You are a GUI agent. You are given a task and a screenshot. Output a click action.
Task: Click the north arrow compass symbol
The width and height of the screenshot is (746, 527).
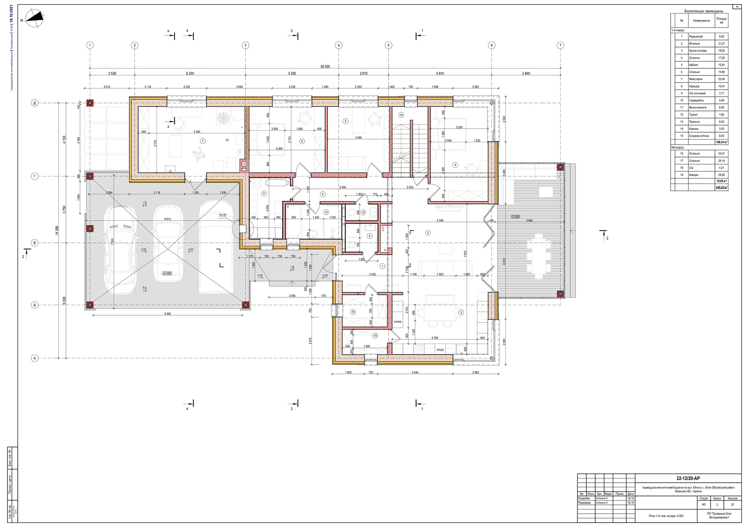click(35, 19)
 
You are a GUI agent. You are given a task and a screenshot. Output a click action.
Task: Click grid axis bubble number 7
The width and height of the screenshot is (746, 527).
click(560, 45)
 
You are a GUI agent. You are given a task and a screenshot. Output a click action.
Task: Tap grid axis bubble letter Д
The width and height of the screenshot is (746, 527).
click(35, 103)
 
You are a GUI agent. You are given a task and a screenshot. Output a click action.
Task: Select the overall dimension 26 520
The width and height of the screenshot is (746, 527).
click(325, 66)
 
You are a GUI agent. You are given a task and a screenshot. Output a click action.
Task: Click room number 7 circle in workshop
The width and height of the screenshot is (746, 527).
click(202, 141)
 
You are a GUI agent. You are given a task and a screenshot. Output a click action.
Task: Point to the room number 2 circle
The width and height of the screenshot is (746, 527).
click(428, 233)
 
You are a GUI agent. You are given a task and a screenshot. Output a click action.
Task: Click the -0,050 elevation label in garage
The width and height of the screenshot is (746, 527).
click(167, 273)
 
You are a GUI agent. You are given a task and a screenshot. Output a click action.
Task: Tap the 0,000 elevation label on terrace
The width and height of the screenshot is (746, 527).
click(515, 216)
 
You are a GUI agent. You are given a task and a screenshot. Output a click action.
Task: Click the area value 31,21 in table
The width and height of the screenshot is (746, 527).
click(721, 44)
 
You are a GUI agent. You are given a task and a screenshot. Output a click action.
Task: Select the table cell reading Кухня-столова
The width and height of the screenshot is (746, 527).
click(698, 51)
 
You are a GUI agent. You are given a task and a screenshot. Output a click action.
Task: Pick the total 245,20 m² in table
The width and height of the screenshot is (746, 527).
click(721, 187)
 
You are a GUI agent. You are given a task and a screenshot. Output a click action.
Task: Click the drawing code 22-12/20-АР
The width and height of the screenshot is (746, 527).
click(688, 478)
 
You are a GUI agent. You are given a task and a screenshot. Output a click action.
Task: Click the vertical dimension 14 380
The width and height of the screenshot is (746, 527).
click(57, 230)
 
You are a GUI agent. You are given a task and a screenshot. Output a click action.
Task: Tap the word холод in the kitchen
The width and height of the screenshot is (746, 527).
click(397, 322)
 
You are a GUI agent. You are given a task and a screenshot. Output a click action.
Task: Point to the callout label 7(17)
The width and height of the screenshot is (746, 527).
click(222, 215)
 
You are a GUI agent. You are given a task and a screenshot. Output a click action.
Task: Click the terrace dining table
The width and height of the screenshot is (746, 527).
click(539, 257)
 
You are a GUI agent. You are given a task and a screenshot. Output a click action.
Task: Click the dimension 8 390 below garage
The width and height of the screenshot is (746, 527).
click(167, 314)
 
